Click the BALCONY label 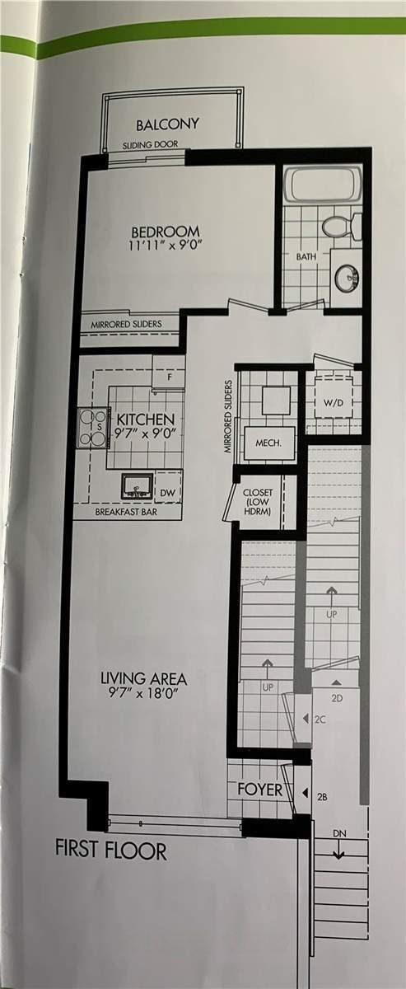[x=167, y=124]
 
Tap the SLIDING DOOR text [x=150, y=144]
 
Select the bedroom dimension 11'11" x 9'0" [x=166, y=245]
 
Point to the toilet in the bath [x=342, y=227]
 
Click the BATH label [x=306, y=256]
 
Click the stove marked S [x=93, y=427]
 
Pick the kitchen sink [x=138, y=487]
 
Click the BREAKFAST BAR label [x=126, y=512]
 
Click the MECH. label [x=268, y=443]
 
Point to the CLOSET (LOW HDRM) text [x=258, y=502]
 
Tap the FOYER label [x=259, y=790]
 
